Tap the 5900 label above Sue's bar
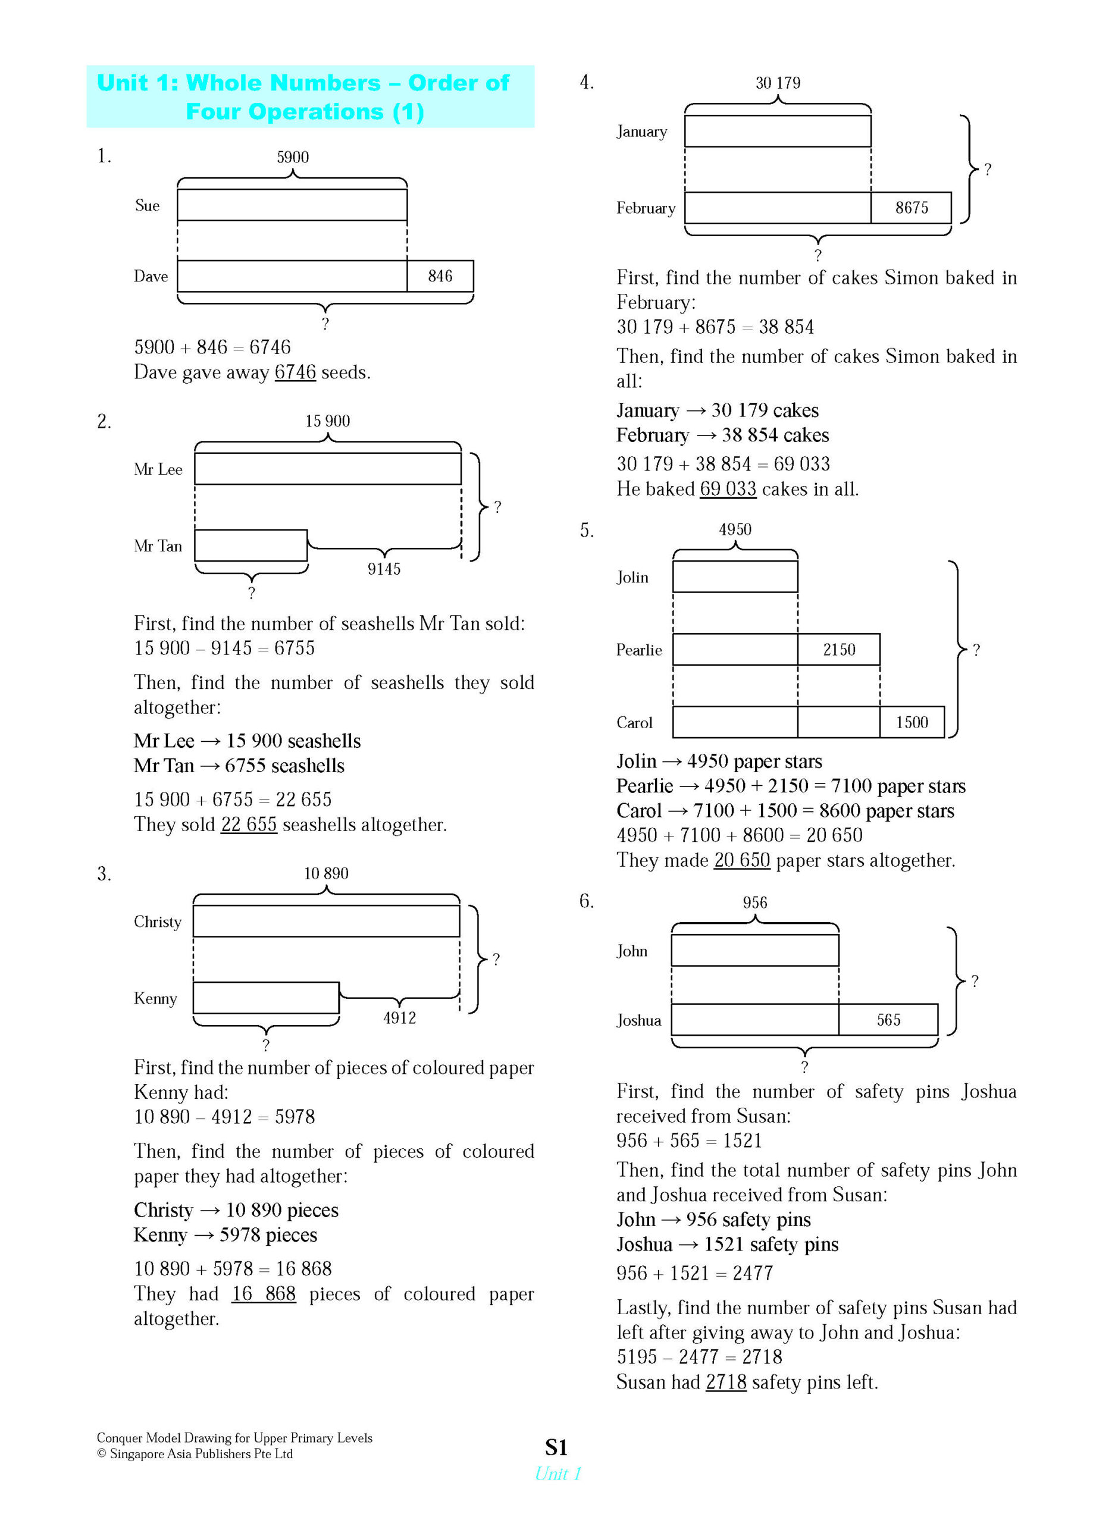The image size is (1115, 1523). coord(292,157)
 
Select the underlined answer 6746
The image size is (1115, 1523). coord(295,372)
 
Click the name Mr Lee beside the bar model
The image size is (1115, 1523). coord(158,469)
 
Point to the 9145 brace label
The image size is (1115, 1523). coord(383,569)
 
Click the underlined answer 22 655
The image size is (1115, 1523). coord(249,825)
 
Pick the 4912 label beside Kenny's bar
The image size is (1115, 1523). coord(400,1017)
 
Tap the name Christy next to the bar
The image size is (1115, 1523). coord(157,922)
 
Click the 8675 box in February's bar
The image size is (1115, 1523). coord(911,208)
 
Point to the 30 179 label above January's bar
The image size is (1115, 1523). coord(778,83)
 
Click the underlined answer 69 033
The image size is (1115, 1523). coord(728,489)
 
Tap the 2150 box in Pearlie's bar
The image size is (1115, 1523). coord(838,650)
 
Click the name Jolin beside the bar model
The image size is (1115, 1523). coord(632,578)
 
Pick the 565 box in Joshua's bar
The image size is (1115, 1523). coord(888,1020)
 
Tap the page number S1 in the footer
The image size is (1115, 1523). coord(556,1447)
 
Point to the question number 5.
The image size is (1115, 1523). coord(587,531)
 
